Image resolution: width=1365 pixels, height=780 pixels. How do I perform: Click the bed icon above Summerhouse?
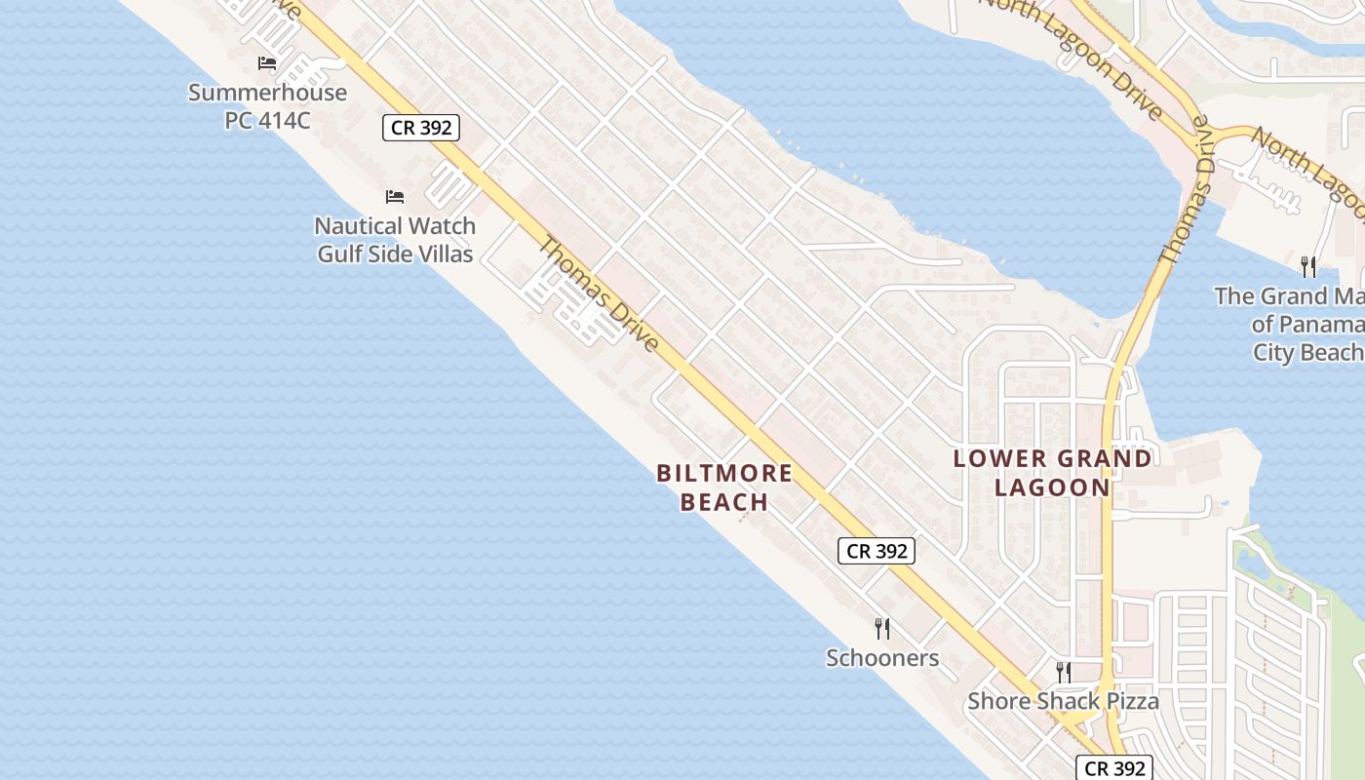tap(267, 63)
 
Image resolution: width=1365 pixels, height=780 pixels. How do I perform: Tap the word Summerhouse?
tap(267, 93)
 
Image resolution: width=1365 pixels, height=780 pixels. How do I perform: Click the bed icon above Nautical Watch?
tap(395, 197)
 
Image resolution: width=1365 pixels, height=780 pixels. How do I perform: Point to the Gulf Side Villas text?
tap(395, 254)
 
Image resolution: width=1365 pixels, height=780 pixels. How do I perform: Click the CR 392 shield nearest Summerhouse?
tap(420, 127)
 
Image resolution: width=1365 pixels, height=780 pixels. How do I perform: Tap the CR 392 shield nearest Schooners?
tap(877, 551)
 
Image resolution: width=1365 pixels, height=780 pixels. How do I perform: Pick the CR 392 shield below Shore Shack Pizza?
tap(1114, 767)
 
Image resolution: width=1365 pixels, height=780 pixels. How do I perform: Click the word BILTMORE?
tap(724, 474)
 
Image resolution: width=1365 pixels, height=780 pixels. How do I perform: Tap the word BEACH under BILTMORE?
tap(724, 502)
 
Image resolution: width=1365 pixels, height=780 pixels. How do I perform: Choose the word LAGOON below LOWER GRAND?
tap(1052, 487)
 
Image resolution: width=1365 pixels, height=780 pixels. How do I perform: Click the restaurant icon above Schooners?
tap(882, 629)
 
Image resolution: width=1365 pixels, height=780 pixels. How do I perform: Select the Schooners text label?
tap(882, 658)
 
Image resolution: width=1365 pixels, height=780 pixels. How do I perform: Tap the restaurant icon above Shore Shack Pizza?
tap(1064, 672)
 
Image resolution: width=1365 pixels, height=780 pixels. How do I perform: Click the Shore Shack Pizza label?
tap(1063, 701)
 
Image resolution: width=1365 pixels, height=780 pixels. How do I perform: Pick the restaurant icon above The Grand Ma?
tap(1308, 266)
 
